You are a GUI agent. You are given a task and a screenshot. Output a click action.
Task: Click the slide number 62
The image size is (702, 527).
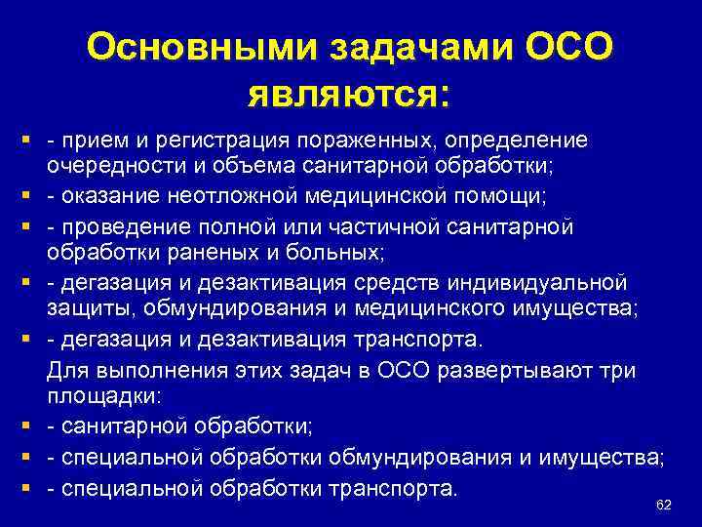click(664, 504)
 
